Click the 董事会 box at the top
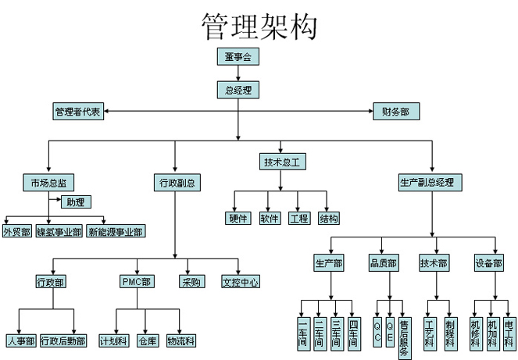click(238, 56)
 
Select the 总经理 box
click(238, 90)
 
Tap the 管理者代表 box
click(78, 112)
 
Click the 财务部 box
click(396, 112)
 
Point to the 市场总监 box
click(48, 183)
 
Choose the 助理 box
click(76, 202)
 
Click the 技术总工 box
click(283, 162)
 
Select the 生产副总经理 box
click(430, 183)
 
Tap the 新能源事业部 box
click(116, 231)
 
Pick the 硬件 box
click(238, 219)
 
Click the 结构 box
click(329, 219)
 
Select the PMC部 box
click(137, 282)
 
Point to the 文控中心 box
click(241, 282)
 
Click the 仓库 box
click(148, 340)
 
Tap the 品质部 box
click(384, 263)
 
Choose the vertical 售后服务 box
click(405, 338)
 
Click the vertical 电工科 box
click(509, 333)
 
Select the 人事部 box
click(21, 340)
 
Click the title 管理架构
click(259, 27)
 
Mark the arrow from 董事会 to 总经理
click(238, 73)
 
